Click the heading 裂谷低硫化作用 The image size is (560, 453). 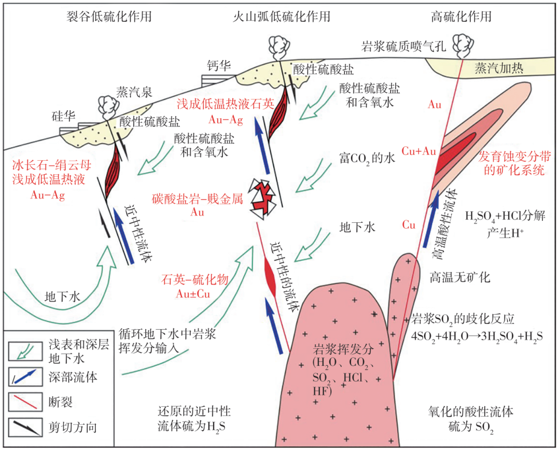pyautogui.click(x=109, y=17)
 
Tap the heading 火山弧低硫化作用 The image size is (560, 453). pyautogui.click(x=282, y=17)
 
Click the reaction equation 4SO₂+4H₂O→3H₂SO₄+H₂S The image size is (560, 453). pyautogui.click(x=477, y=336)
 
